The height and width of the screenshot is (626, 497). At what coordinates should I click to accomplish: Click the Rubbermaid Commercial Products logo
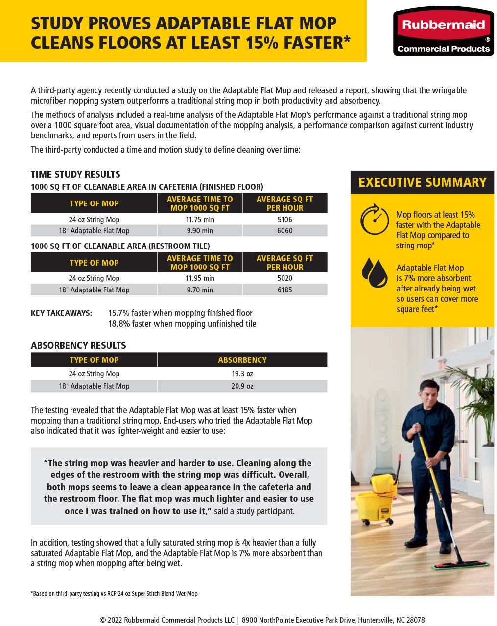pos(444,31)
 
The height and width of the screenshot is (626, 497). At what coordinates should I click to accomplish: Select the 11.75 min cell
pos(200,220)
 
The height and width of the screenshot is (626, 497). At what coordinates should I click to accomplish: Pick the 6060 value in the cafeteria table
pos(284,231)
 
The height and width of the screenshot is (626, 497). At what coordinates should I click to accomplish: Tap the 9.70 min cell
pos(200,290)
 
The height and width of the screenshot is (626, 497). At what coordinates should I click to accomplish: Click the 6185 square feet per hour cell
pos(284,290)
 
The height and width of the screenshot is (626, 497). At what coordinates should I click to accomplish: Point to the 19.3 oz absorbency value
pos(242,374)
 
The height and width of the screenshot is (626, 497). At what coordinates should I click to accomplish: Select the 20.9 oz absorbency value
pos(242,386)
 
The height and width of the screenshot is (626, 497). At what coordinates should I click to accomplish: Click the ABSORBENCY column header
pos(242,360)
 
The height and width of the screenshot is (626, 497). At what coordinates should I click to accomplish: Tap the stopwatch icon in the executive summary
pos(375,219)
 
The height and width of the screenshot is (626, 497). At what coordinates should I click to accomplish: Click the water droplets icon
pos(375,273)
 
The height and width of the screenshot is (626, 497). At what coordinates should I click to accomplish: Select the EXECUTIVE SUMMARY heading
pos(422,182)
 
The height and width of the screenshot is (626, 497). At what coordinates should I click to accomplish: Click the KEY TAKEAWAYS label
pos(61,313)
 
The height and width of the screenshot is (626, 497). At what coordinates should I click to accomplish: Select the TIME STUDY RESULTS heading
pos(75,174)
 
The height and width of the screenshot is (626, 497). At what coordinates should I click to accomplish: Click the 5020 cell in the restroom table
pos(284,278)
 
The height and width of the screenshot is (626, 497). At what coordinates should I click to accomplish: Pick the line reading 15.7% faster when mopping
pos(180,313)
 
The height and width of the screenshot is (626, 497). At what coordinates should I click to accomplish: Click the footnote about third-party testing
pos(114,594)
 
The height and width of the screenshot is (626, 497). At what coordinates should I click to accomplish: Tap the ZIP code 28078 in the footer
pos(414,620)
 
